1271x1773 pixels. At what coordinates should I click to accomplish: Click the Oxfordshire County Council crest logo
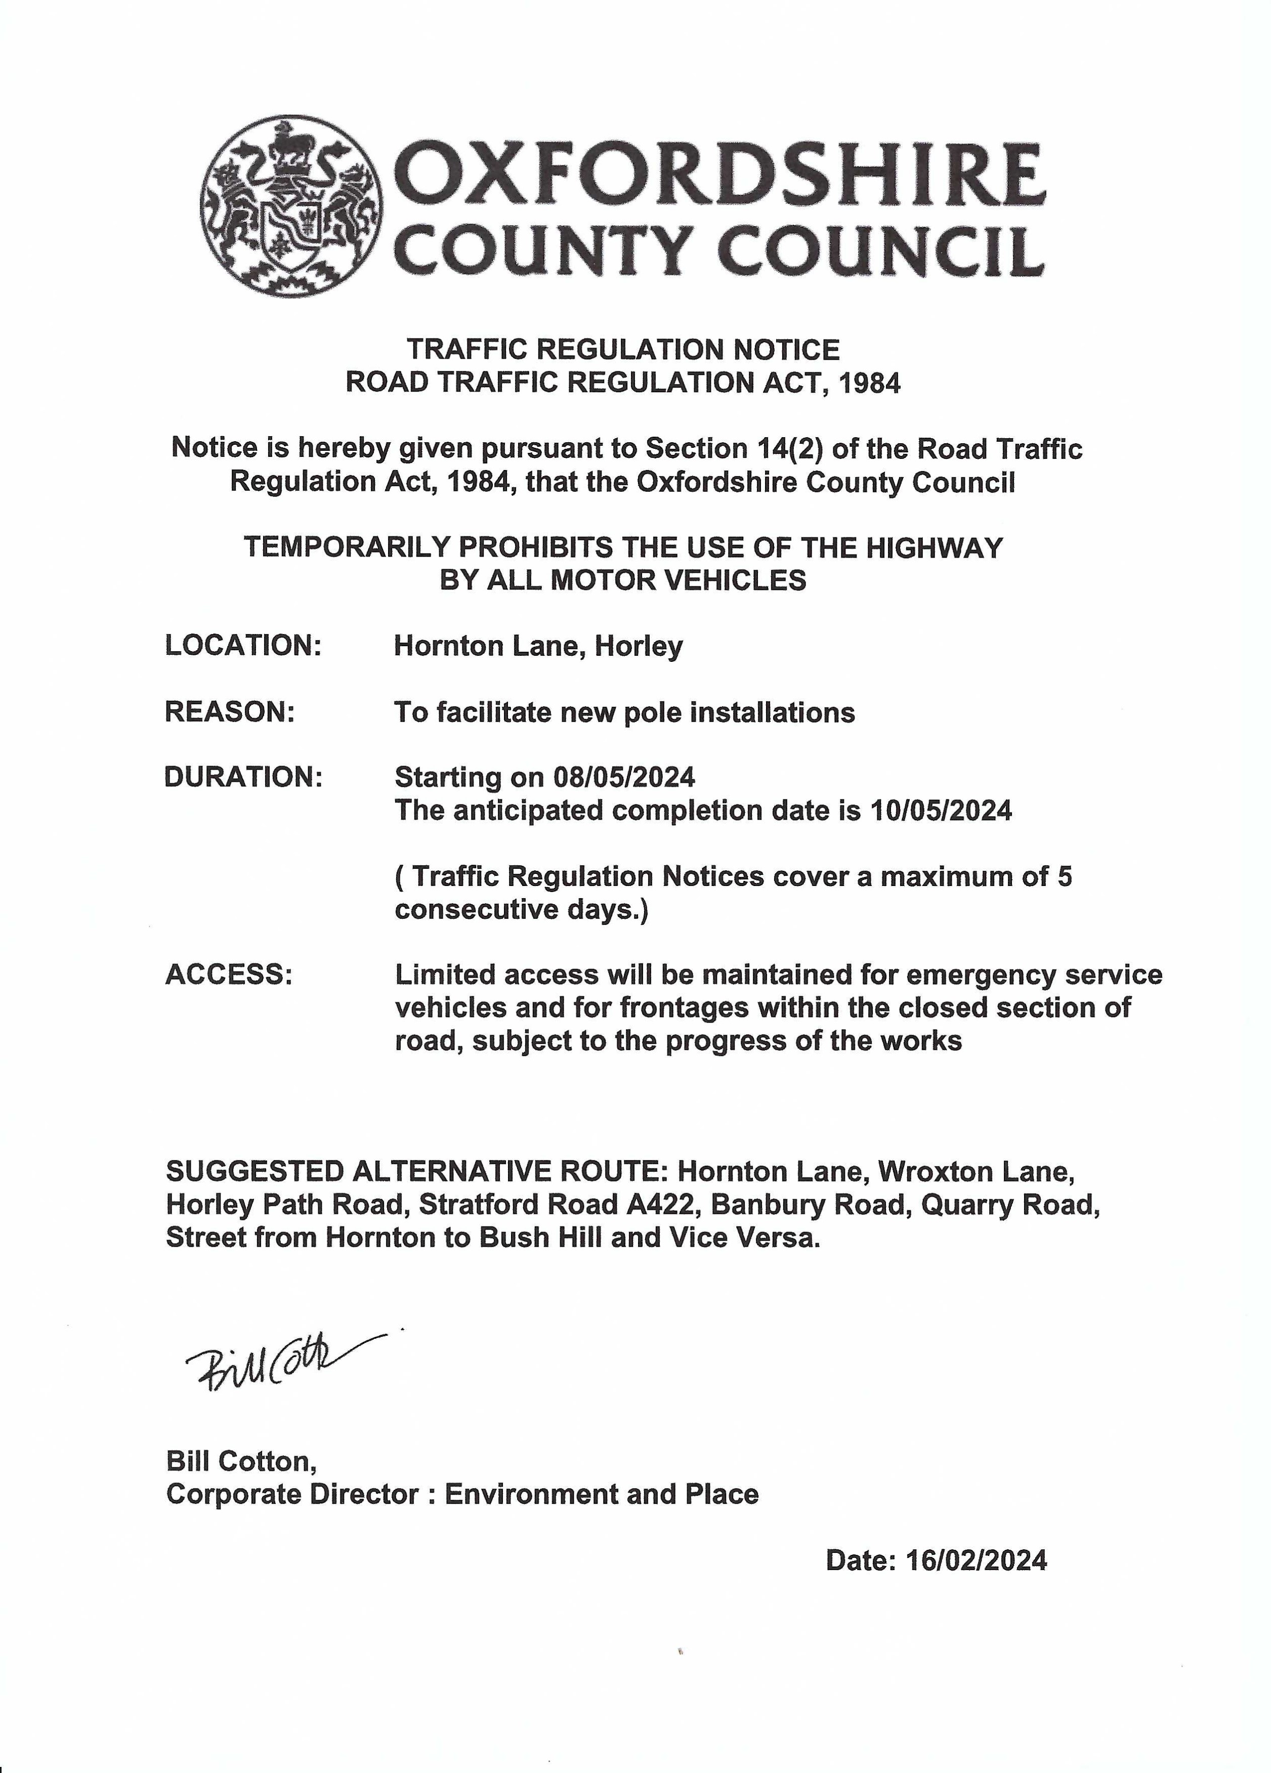click(x=291, y=206)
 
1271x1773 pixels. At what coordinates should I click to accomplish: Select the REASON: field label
click(x=230, y=712)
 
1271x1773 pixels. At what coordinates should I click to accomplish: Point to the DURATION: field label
click(x=243, y=777)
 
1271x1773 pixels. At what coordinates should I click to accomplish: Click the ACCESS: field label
click(x=229, y=975)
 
